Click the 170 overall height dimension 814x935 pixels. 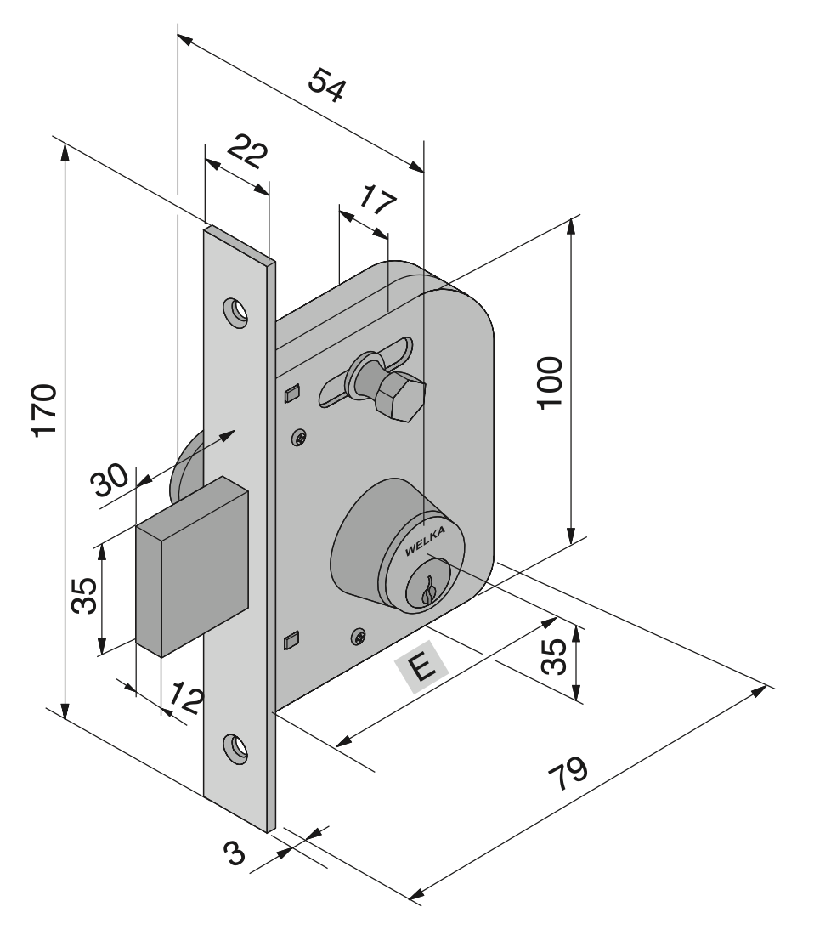(x=43, y=411)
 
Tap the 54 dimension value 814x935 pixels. (x=327, y=85)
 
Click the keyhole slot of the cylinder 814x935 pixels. (x=429, y=586)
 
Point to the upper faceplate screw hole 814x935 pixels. (x=236, y=312)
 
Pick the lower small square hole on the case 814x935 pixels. (x=291, y=639)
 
